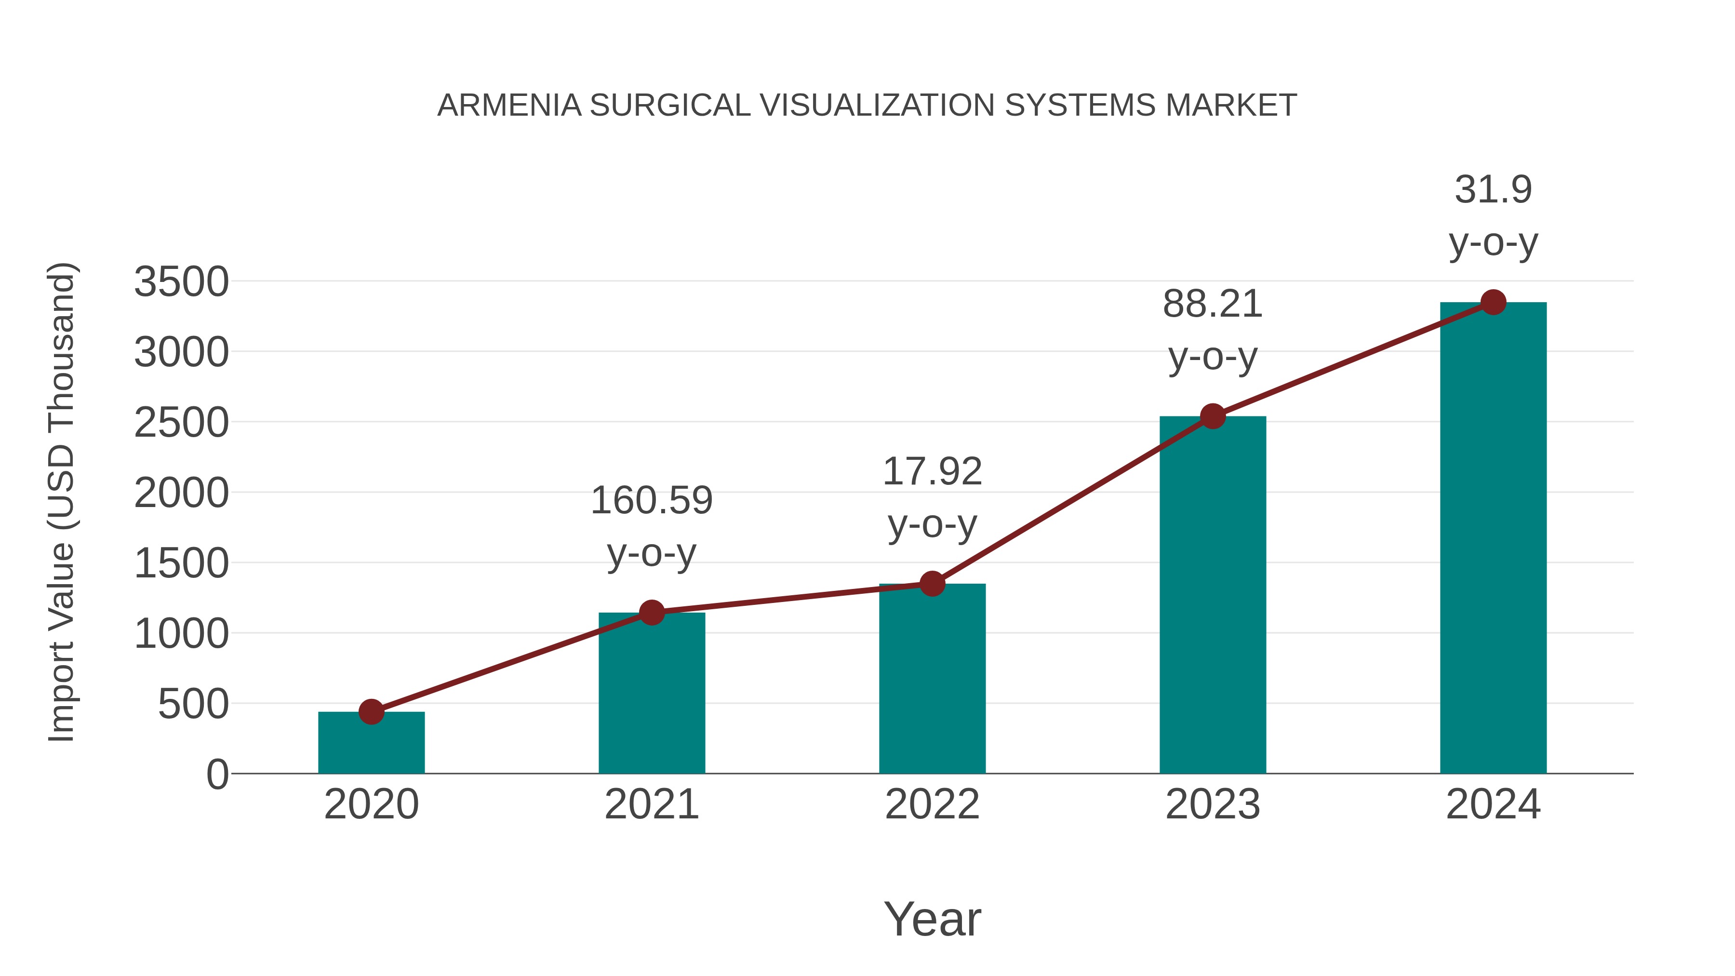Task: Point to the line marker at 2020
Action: (x=371, y=711)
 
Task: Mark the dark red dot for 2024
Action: (x=1493, y=302)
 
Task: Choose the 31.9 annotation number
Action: (x=1493, y=189)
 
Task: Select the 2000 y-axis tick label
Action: (x=181, y=493)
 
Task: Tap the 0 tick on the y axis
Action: (x=217, y=774)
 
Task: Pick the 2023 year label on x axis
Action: (x=1213, y=804)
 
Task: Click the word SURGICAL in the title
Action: (x=669, y=106)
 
